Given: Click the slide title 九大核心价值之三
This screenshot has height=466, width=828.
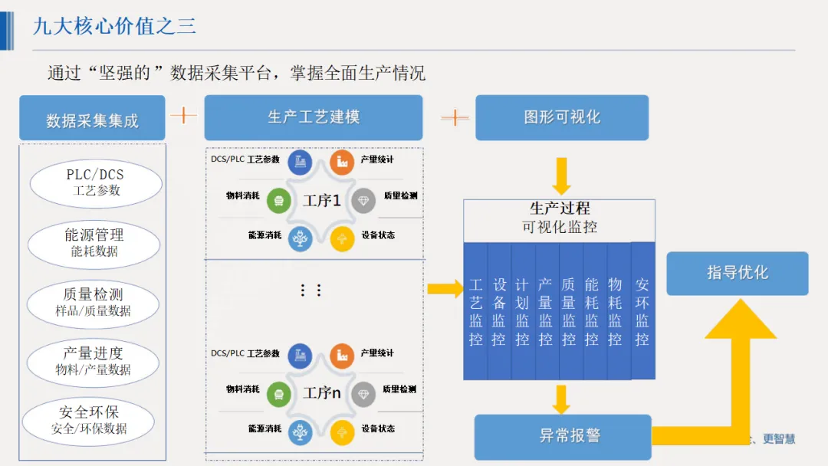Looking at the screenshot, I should [114, 25].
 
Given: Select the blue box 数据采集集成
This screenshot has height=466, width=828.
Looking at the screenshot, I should [92, 119].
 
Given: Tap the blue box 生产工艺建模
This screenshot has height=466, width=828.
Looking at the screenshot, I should [313, 117].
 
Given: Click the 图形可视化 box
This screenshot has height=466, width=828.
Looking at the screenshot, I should [561, 117].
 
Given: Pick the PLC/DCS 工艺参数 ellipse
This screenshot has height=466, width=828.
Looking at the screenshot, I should [96, 182].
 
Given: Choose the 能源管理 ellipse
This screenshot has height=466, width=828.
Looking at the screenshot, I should [94, 242].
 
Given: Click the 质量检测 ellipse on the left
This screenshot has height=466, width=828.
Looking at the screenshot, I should [93, 302].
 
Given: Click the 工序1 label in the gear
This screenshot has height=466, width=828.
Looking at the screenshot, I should [321, 201].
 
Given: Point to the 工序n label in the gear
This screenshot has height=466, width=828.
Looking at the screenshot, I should [321, 393].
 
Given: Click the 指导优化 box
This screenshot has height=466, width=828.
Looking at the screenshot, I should [737, 273].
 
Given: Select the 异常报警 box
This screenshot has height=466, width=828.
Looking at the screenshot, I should [562, 436].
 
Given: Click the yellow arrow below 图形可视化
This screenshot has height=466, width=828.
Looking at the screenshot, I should [561, 176].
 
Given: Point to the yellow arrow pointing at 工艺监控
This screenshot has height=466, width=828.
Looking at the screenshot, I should [445, 289].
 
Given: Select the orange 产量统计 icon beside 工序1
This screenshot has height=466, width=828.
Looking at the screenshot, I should [342, 162].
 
